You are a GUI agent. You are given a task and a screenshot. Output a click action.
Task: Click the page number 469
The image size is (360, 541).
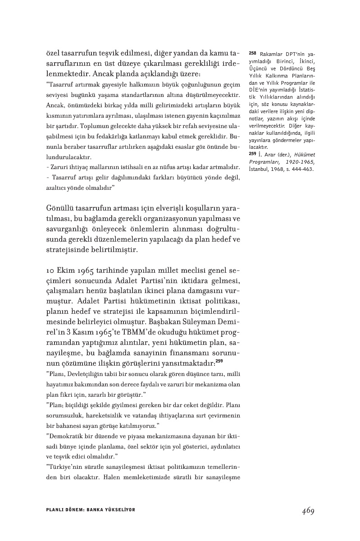(x=308, y=511)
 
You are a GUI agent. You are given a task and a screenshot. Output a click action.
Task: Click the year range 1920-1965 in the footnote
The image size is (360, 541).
(x=299, y=161)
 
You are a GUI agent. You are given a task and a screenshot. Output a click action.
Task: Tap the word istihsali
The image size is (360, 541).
(x=125, y=168)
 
